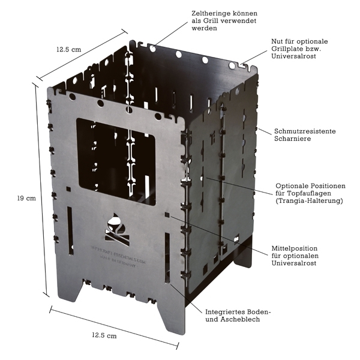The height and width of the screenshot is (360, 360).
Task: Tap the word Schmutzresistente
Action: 305,130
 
